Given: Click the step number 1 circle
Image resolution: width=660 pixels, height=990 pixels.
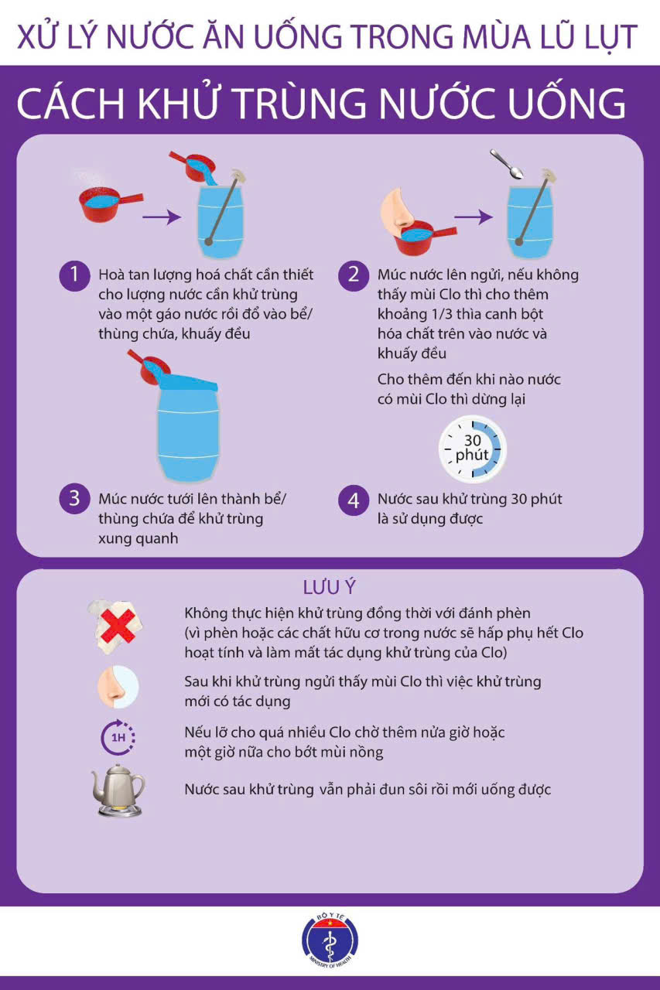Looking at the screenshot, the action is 75,276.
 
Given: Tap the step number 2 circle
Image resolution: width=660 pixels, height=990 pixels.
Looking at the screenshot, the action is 354,276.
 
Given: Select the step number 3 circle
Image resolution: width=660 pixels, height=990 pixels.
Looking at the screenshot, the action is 75,499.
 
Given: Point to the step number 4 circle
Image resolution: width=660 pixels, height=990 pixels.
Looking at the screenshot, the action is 354,500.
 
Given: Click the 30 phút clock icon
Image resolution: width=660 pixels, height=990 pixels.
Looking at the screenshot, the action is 472,449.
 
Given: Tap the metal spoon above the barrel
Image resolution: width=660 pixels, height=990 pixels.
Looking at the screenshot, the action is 507,164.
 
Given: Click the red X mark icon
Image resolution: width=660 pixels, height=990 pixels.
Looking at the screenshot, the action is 118,626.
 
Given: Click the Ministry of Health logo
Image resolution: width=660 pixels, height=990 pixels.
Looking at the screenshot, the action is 330,940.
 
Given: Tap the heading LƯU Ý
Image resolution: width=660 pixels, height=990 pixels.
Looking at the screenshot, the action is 330,587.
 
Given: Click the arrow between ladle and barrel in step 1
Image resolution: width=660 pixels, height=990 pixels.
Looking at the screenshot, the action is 162,217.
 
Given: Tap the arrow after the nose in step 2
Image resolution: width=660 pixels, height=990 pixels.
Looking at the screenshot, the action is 474,217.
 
